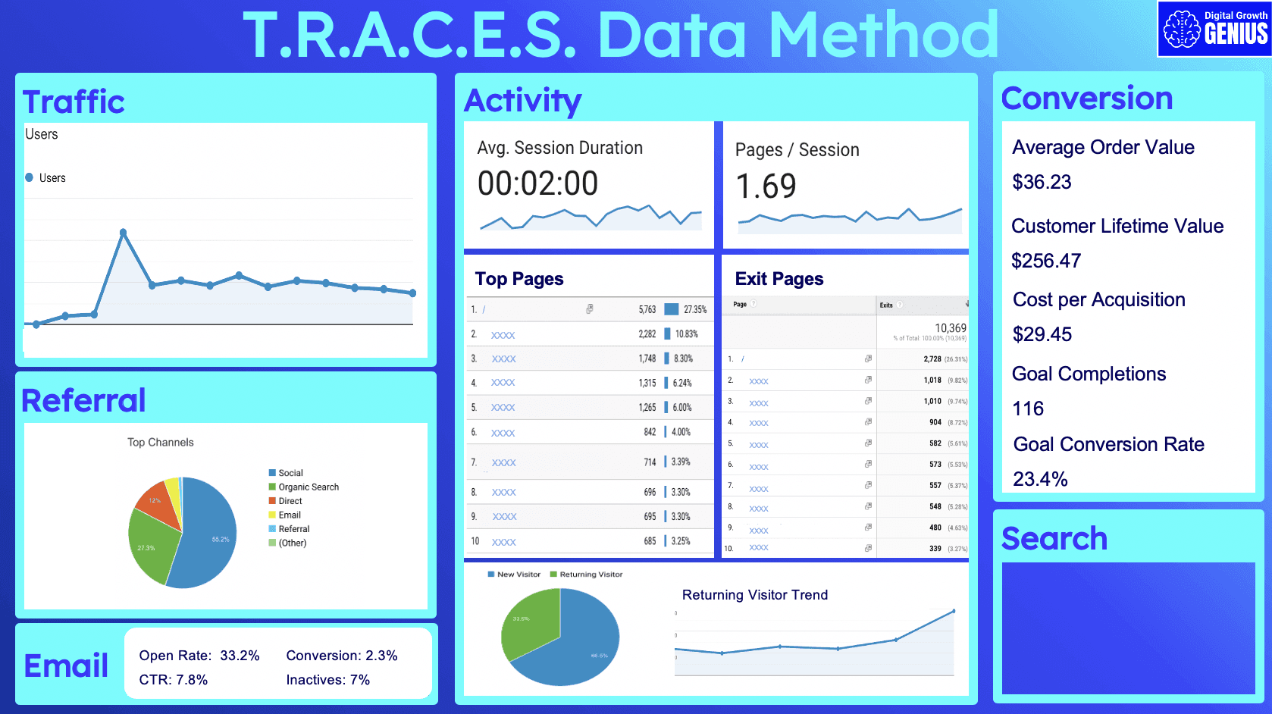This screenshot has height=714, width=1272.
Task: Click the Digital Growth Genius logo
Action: point(1214,29)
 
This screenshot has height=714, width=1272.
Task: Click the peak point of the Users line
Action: point(123,233)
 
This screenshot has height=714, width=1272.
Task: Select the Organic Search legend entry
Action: point(308,487)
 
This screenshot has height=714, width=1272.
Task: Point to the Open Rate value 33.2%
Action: point(240,656)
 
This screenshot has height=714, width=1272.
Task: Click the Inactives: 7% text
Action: point(327,680)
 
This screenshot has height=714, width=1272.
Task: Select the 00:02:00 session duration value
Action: point(537,184)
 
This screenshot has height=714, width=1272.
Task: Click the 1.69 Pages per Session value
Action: point(766,186)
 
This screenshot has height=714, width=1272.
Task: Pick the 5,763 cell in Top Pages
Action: point(647,309)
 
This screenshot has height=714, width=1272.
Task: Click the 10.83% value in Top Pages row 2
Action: point(686,334)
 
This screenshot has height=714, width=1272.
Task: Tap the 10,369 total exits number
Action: point(950,328)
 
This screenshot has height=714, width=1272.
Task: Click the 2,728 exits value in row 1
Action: point(932,359)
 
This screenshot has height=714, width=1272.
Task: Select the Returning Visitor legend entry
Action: point(591,575)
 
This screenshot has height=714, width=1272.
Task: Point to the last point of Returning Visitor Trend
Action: point(954,611)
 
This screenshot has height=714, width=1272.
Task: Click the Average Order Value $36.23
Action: point(1042,182)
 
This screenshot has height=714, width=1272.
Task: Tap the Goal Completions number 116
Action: point(1028,409)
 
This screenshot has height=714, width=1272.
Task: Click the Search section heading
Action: point(1054,539)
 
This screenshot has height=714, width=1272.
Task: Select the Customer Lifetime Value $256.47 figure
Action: point(1046,261)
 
